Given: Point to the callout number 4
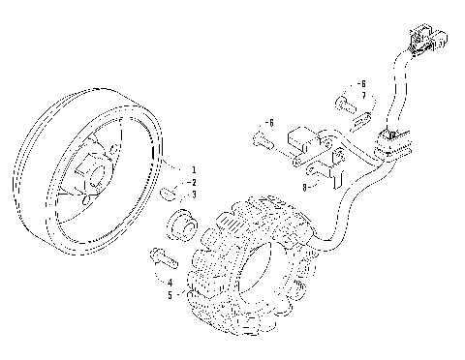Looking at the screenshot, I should tap(170, 282).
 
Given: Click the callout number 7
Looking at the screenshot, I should tap(363, 96).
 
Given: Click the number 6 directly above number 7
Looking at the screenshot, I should tap(362, 84).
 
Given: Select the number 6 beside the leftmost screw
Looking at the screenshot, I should tap(272, 124).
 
